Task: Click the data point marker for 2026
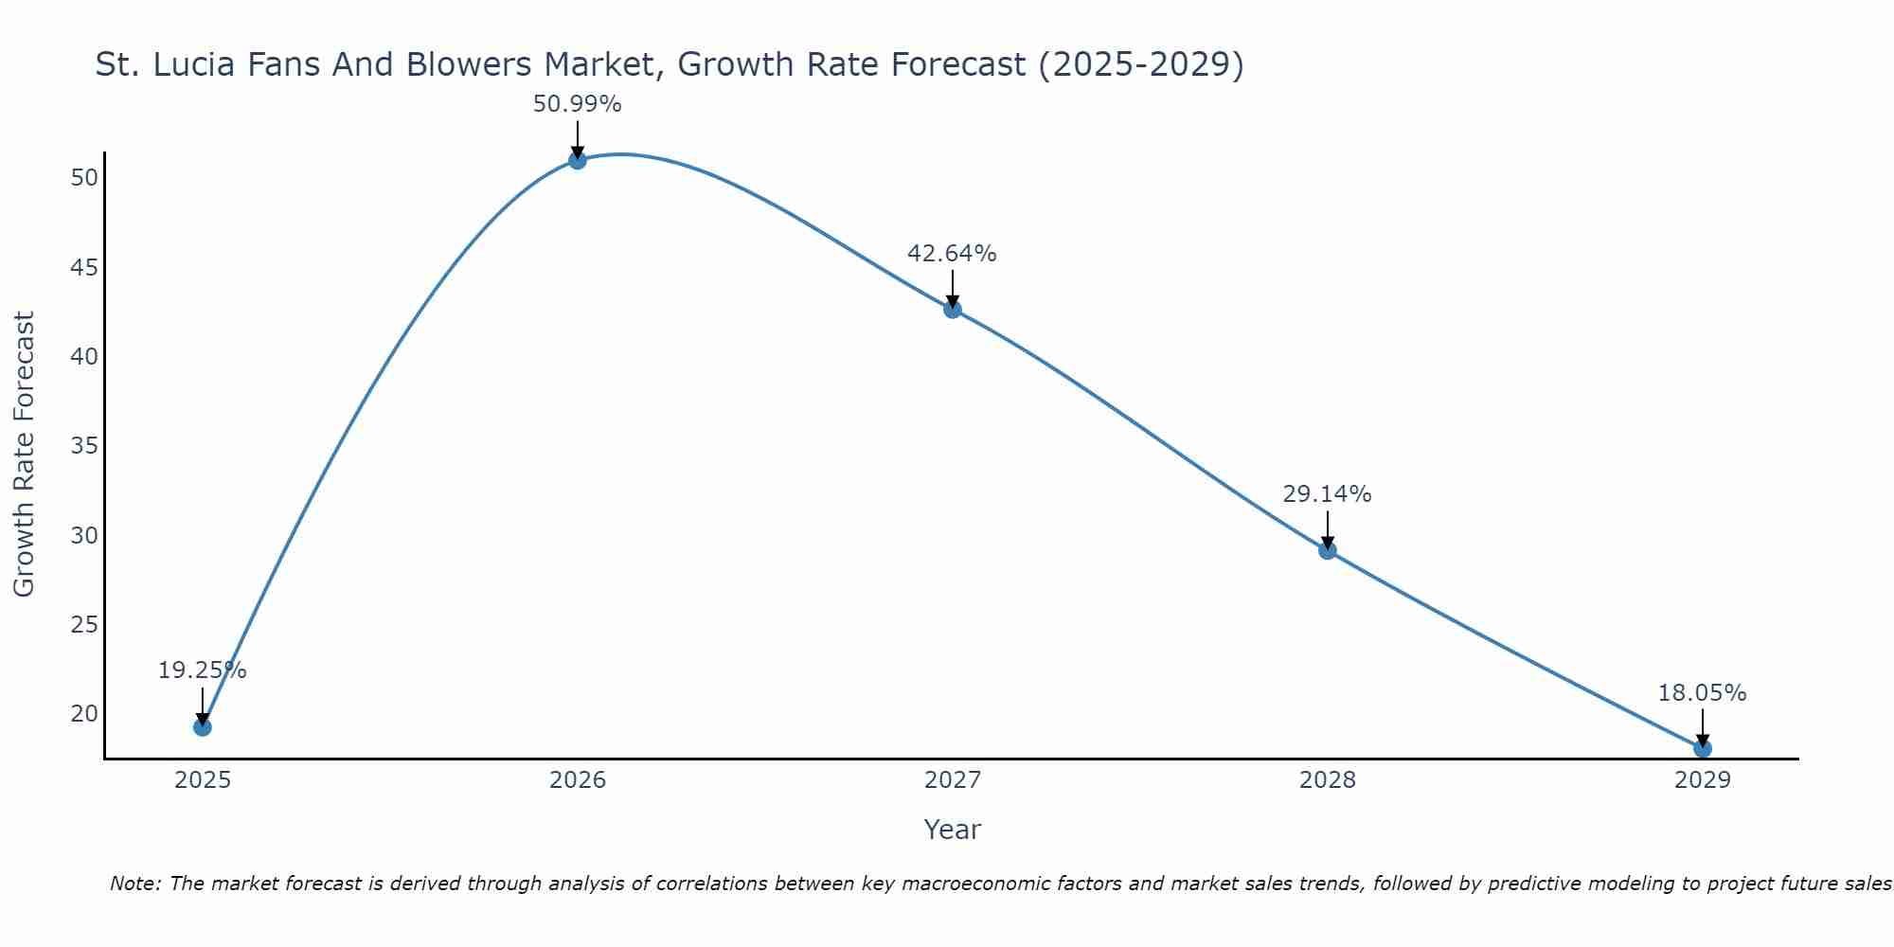coord(578,160)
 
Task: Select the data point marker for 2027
coord(953,309)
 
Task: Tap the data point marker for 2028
coord(1328,550)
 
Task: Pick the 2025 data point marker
coord(203,727)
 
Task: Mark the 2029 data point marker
coord(1703,749)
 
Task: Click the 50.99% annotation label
coord(578,104)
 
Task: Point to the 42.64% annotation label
coord(953,254)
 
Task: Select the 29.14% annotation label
coord(1328,494)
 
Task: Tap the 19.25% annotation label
coord(203,670)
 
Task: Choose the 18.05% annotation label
coord(1703,693)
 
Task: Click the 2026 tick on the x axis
coord(578,780)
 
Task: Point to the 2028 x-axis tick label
coord(1328,780)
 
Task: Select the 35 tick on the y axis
coord(84,446)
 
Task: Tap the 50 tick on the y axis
coord(84,178)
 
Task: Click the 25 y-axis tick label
coord(84,625)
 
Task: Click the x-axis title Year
coord(953,830)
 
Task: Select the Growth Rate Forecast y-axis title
coord(25,455)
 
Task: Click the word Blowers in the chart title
coord(472,64)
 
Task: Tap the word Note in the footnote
coord(134,884)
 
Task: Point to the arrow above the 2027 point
coord(953,288)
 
